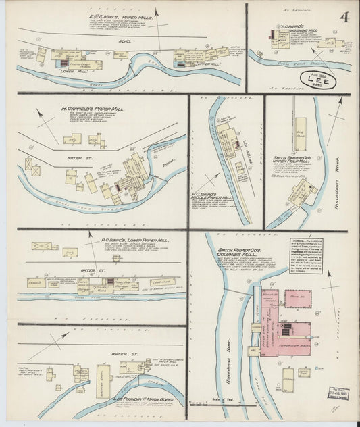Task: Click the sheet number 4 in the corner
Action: tap(344, 16)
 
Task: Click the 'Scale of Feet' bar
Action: tap(216, 403)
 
